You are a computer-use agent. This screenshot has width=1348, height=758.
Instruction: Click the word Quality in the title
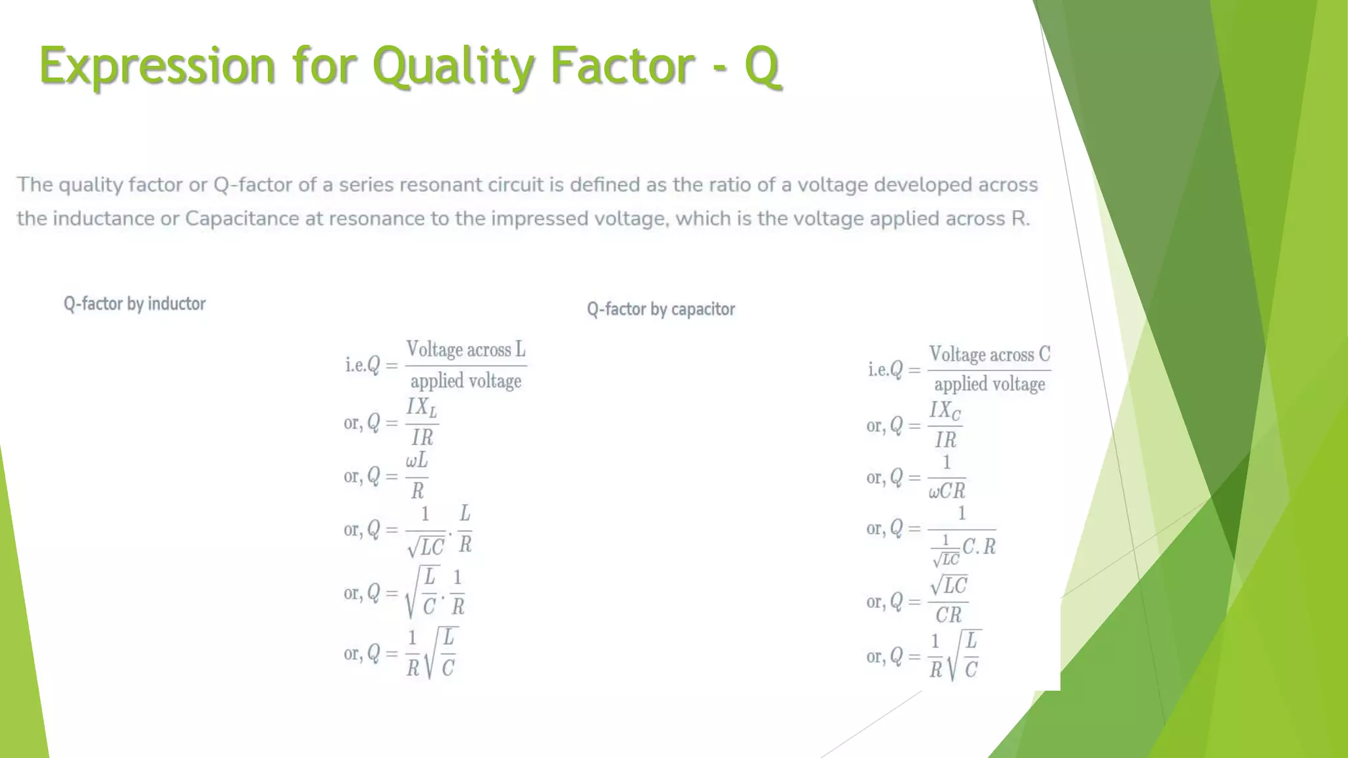pos(453,66)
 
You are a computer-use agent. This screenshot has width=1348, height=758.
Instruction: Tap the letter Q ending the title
pos(762,66)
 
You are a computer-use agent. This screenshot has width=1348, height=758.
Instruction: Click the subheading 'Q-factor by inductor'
pos(134,304)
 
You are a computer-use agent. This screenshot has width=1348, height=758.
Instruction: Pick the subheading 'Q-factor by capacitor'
pos(661,309)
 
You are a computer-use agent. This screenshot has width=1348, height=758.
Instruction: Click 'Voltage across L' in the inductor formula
pos(465,349)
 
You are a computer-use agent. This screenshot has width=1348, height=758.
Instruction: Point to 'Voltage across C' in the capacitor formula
pos(989,355)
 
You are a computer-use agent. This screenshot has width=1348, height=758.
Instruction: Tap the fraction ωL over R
pos(417,475)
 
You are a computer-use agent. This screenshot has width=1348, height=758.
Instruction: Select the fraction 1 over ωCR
pos(946,477)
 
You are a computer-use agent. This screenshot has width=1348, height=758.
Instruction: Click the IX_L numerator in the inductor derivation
pos(421,407)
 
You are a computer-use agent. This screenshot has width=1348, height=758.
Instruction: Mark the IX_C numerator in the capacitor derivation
pos(945,411)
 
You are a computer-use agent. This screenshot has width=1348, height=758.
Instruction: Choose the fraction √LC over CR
pos(948,599)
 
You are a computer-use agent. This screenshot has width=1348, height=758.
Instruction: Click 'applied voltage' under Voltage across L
pos(465,381)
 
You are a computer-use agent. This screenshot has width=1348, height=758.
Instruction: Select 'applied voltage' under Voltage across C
pos(989,384)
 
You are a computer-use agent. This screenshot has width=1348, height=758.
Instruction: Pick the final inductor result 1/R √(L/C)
pos(432,653)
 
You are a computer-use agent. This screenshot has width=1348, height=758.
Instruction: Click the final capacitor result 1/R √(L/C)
pos(955,655)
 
